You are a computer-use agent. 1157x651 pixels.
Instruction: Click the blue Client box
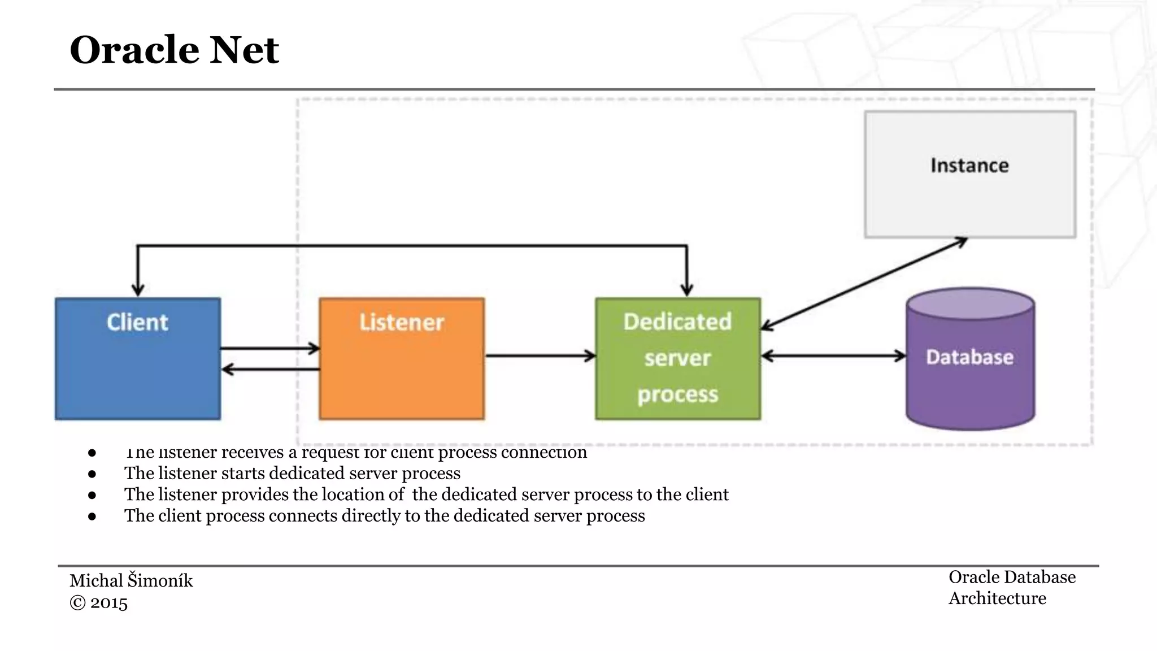point(138,359)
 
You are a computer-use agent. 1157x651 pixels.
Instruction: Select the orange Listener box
point(402,359)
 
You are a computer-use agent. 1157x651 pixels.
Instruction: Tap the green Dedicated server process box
point(678,359)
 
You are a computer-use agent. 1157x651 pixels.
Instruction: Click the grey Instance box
point(970,174)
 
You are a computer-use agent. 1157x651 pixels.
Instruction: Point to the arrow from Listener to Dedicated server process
point(540,356)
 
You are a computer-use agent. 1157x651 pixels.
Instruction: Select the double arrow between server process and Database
point(834,356)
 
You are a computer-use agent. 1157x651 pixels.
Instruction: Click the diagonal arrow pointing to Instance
point(864,283)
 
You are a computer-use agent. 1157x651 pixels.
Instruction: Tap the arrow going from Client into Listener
point(270,348)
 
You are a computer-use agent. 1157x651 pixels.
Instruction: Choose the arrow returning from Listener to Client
point(270,370)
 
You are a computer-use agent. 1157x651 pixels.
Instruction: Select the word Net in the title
point(244,50)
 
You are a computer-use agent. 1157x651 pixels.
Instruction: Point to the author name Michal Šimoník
point(131,580)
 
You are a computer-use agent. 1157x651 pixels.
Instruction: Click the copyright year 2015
point(109,602)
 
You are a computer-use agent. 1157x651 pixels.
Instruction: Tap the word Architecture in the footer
point(997,598)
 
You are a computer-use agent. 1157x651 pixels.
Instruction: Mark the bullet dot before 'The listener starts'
point(92,474)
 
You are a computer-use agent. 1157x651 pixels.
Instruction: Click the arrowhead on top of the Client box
point(138,289)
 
